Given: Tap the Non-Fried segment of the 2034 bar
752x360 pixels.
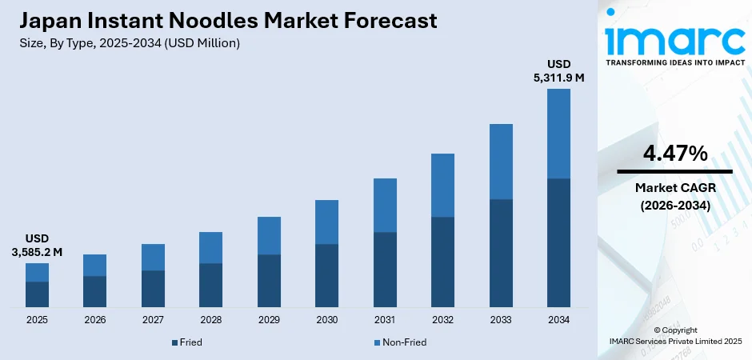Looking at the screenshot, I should tap(558, 133).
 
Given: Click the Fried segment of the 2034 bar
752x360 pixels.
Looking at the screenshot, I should tap(558, 242).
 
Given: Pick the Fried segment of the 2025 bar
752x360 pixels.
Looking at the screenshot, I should tap(37, 294).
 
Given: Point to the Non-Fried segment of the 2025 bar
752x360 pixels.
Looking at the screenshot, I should tap(37, 272).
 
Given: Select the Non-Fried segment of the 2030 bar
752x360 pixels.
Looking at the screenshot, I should tap(326, 222).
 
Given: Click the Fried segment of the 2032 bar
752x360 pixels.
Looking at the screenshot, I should tap(442, 262).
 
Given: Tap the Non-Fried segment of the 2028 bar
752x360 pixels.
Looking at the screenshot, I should tap(210, 247).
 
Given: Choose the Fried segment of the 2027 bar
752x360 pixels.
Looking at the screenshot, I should tap(153, 289).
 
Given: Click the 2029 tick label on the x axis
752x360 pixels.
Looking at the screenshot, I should tap(269, 320).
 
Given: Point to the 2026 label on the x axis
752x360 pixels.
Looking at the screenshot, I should tap(94, 320).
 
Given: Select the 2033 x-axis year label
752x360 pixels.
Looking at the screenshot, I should tap(501, 320).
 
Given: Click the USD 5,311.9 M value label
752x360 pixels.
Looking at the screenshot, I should tap(558, 70).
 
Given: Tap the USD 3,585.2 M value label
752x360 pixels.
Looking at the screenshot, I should tap(37, 245).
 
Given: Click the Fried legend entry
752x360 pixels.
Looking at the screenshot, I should tap(186, 342).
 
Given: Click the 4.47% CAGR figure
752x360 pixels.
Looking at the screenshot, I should tap(674, 154).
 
